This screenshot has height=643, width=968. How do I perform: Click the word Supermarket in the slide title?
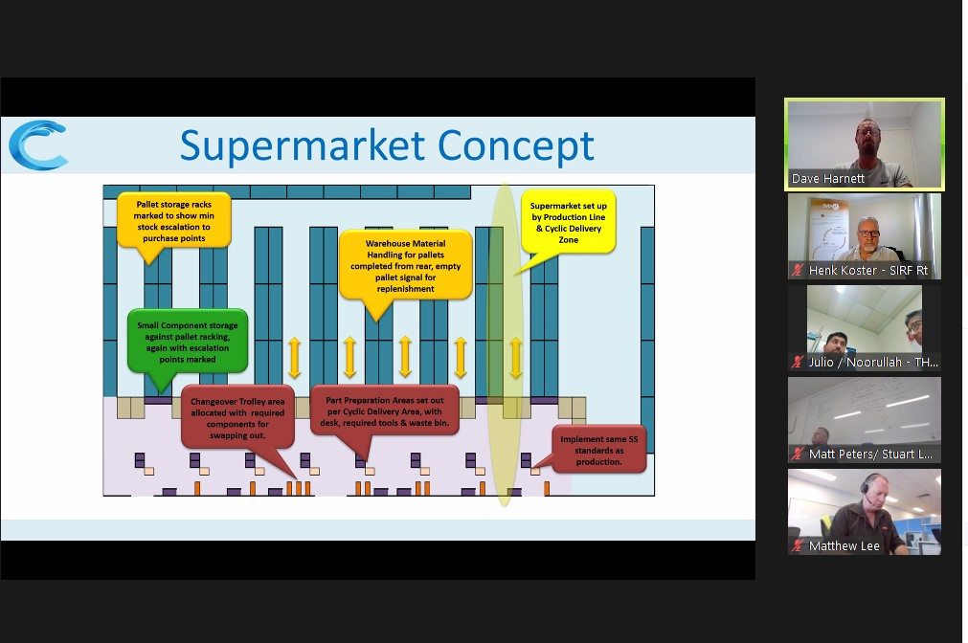point(302,146)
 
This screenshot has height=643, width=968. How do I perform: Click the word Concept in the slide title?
point(516,145)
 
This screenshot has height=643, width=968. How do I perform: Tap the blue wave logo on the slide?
point(38,145)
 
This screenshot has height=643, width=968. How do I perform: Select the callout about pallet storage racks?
point(173,221)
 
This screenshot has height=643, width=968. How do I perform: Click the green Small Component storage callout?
point(187,342)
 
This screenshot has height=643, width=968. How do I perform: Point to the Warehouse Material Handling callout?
point(406,266)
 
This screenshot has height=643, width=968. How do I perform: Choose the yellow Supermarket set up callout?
point(568,223)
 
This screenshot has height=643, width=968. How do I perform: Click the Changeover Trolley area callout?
point(237,418)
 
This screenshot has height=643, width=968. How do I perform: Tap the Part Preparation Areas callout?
point(385,411)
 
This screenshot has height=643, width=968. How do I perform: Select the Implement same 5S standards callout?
point(598,450)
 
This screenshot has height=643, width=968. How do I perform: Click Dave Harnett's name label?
point(828,179)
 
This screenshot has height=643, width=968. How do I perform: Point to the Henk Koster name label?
point(868,270)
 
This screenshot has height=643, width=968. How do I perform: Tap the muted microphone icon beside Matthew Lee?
point(799,545)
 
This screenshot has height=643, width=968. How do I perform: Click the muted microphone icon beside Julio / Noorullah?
point(799,363)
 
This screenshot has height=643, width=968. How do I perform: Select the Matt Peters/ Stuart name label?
point(870,455)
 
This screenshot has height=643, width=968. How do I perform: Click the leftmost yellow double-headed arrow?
point(295,357)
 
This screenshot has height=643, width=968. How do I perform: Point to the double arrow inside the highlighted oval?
point(516,357)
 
